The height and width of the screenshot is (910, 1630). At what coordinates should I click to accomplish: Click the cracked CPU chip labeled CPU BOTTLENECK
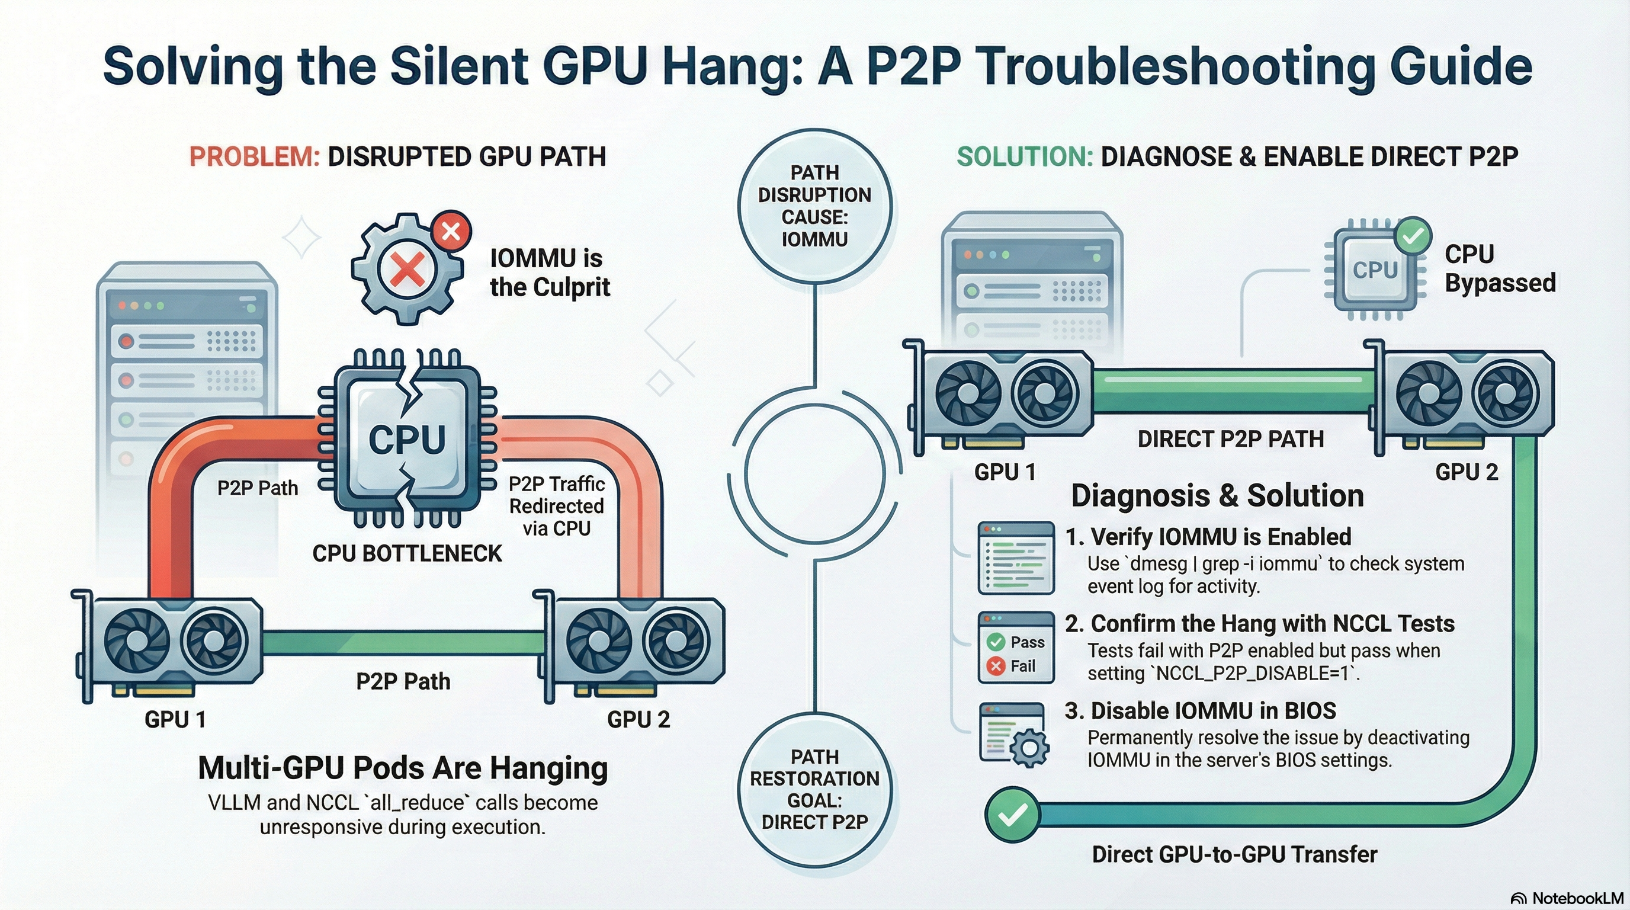pos(407,438)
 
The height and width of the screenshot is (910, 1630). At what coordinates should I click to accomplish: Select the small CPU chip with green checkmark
pos(1374,271)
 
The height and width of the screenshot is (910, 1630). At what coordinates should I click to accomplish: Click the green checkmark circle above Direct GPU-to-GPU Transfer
pos(1012,815)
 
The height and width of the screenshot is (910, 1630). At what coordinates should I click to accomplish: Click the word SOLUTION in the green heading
pos(1025,156)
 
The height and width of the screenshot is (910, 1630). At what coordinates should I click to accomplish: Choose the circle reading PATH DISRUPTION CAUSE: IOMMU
pos(814,206)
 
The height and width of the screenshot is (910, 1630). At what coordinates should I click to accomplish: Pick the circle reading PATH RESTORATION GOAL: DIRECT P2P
pos(814,789)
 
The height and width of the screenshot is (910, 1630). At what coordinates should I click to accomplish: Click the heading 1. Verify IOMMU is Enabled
pos(1208,537)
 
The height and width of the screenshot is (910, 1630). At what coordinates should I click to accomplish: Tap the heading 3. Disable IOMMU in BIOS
pos(1201,711)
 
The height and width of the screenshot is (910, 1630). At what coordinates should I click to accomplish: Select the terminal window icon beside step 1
pos(1016,557)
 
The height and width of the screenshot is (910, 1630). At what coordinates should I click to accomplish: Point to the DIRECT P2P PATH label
pos(1230,438)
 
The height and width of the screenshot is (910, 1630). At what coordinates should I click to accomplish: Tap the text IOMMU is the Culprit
pos(549,272)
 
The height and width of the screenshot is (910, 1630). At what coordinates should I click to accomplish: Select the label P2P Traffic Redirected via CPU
pos(556,505)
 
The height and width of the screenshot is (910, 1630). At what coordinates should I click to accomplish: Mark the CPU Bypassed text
pos(1500,268)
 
